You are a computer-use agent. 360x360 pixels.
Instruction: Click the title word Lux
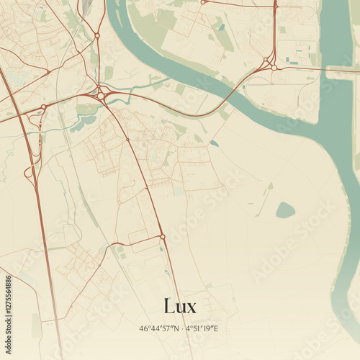pyautogui.click(x=179, y=305)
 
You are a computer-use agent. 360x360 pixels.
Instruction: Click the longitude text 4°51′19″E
pyautogui.click(x=202, y=328)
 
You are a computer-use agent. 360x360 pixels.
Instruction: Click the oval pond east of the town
pyautogui.click(x=285, y=210)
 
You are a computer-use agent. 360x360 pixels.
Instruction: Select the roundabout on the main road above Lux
pyautogui.click(x=163, y=236)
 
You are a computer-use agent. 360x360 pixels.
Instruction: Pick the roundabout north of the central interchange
pyautogui.click(x=96, y=35)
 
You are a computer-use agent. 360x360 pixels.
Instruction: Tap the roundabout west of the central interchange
pyautogui.click(x=43, y=107)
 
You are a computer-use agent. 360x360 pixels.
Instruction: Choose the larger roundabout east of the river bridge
pyautogui.click(x=274, y=68)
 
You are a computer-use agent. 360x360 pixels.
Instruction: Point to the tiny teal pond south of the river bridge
pyautogui.click(x=214, y=143)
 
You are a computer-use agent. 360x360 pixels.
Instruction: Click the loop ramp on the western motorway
pyautogui.click(x=30, y=172)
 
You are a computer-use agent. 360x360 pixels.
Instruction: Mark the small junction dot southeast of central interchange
pyautogui.click(x=127, y=139)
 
